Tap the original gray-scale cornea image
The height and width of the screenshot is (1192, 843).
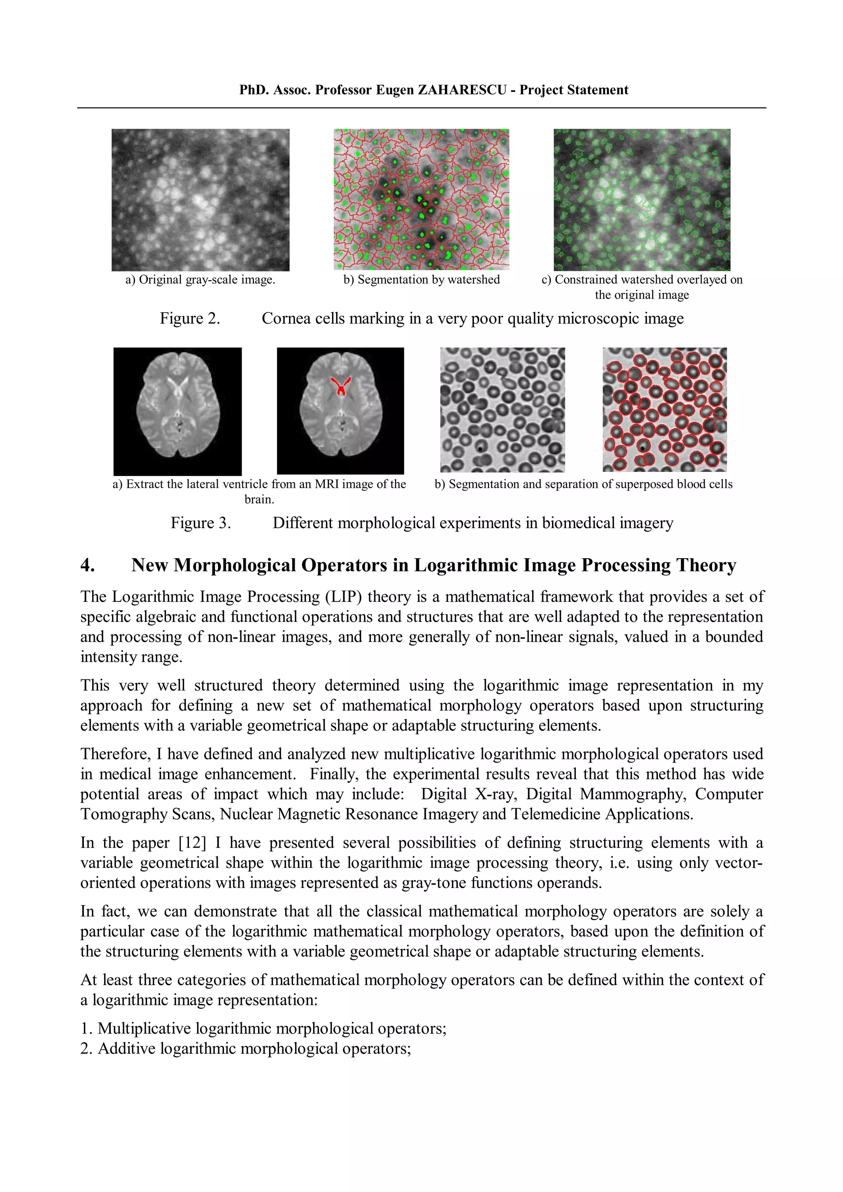[x=200, y=199]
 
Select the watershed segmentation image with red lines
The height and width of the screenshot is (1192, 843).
[x=421, y=199]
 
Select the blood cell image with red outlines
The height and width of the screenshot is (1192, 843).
[x=664, y=409]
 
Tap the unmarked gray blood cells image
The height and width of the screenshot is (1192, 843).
[x=502, y=409]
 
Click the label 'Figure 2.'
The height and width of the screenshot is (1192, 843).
[x=190, y=318]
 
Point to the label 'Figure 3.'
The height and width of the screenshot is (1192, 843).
[x=200, y=523]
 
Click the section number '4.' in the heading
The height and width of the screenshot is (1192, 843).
[x=87, y=565]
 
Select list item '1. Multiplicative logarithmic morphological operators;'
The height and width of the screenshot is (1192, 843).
[x=263, y=1028]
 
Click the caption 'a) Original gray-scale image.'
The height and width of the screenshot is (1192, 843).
[x=200, y=280]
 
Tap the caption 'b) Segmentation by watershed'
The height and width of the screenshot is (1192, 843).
[x=421, y=280]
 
